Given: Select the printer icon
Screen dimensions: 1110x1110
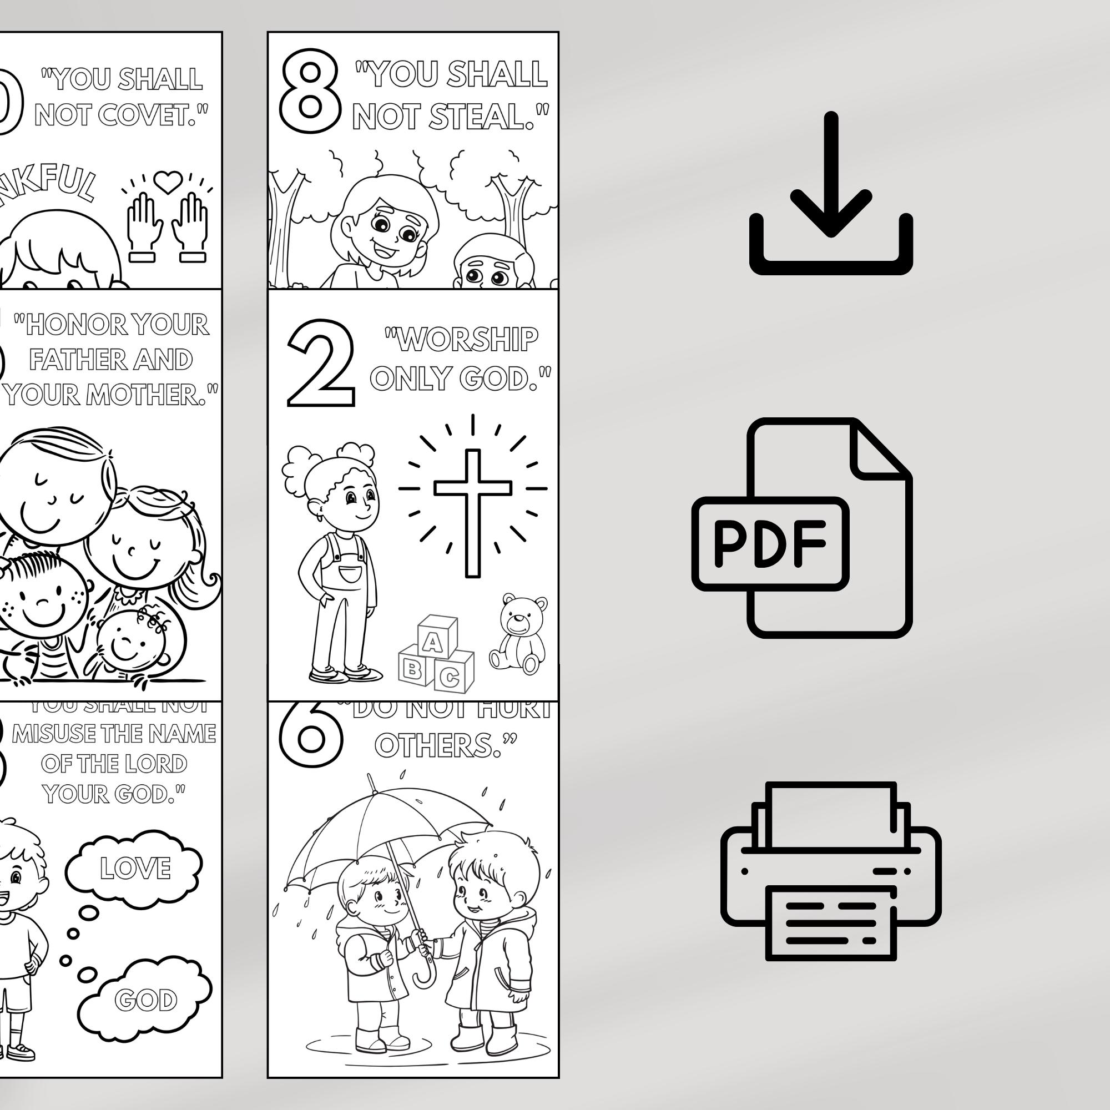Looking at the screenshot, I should tap(830, 873).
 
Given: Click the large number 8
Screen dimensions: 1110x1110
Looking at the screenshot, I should tap(310, 91).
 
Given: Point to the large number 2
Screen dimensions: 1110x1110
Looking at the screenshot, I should tap(320, 364).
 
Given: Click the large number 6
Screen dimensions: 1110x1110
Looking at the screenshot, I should tap(311, 733).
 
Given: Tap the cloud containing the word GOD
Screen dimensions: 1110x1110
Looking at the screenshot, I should tap(145, 1000).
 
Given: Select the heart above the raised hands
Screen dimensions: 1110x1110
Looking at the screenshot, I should tap(168, 183).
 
